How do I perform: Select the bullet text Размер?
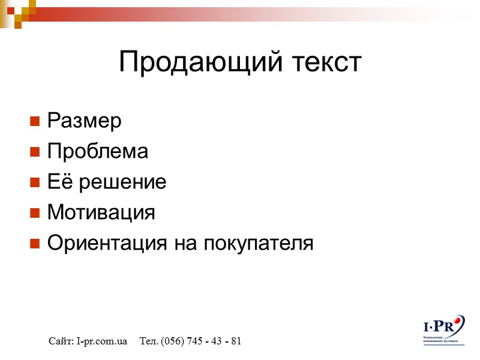coord(84,121)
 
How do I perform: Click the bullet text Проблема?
coord(97,152)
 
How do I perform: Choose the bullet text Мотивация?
coord(101,212)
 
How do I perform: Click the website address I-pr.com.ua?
coord(102,341)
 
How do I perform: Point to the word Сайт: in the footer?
coord(61,341)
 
